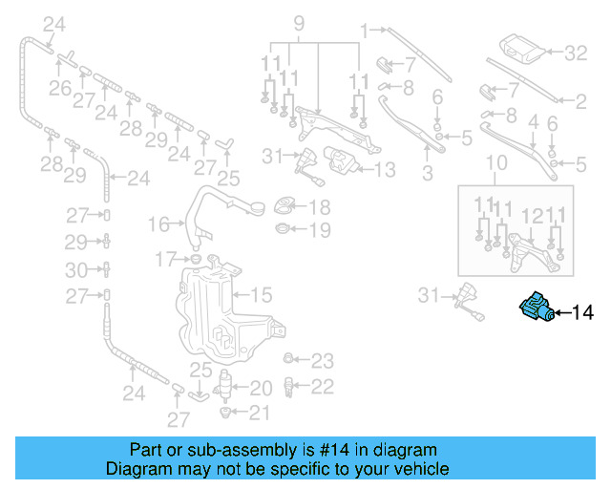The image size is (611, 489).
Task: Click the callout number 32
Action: [577, 53]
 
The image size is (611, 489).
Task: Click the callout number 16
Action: [158, 224]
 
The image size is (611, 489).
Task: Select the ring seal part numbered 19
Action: [281, 230]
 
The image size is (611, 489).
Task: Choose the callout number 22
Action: [322, 386]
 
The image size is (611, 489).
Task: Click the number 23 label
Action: [322, 361]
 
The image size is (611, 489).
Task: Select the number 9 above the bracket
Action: [298, 22]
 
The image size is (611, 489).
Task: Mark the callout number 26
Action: [59, 88]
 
